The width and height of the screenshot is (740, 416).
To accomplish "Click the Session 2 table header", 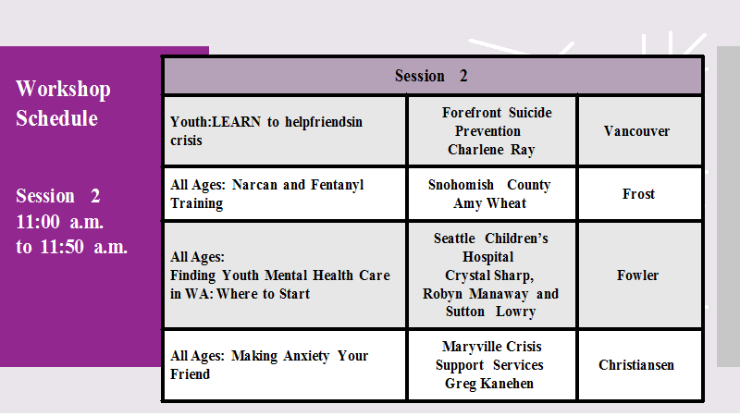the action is (x=432, y=76).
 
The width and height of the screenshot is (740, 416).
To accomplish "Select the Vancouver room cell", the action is (x=639, y=131).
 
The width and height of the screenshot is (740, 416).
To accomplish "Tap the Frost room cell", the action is (x=639, y=194).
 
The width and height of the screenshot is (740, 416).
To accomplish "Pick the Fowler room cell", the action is (x=639, y=275).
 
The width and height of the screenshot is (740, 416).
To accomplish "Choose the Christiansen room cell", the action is (x=639, y=365).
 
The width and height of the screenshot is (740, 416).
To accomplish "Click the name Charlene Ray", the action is (x=491, y=150).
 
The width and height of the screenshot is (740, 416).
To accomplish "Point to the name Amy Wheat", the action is (x=490, y=203).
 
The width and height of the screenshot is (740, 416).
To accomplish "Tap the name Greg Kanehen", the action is (x=489, y=384).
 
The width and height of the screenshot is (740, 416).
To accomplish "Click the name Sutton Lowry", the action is (x=491, y=312).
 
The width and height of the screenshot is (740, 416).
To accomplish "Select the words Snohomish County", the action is (x=489, y=185).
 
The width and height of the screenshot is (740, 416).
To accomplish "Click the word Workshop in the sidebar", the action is (x=63, y=89).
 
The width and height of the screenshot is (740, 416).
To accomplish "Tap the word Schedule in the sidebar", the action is (x=56, y=118).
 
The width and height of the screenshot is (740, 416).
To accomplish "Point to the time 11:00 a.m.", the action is (x=59, y=222).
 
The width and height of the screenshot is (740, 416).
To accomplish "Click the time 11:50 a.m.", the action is (x=83, y=247).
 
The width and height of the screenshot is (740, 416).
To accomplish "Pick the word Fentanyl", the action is (x=337, y=185).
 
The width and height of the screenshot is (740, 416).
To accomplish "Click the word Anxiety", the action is (x=306, y=356).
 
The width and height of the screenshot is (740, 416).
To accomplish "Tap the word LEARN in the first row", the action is (x=237, y=122).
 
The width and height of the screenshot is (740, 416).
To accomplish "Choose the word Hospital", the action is (x=488, y=257).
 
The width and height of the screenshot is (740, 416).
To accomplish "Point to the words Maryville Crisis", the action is (x=492, y=347).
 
